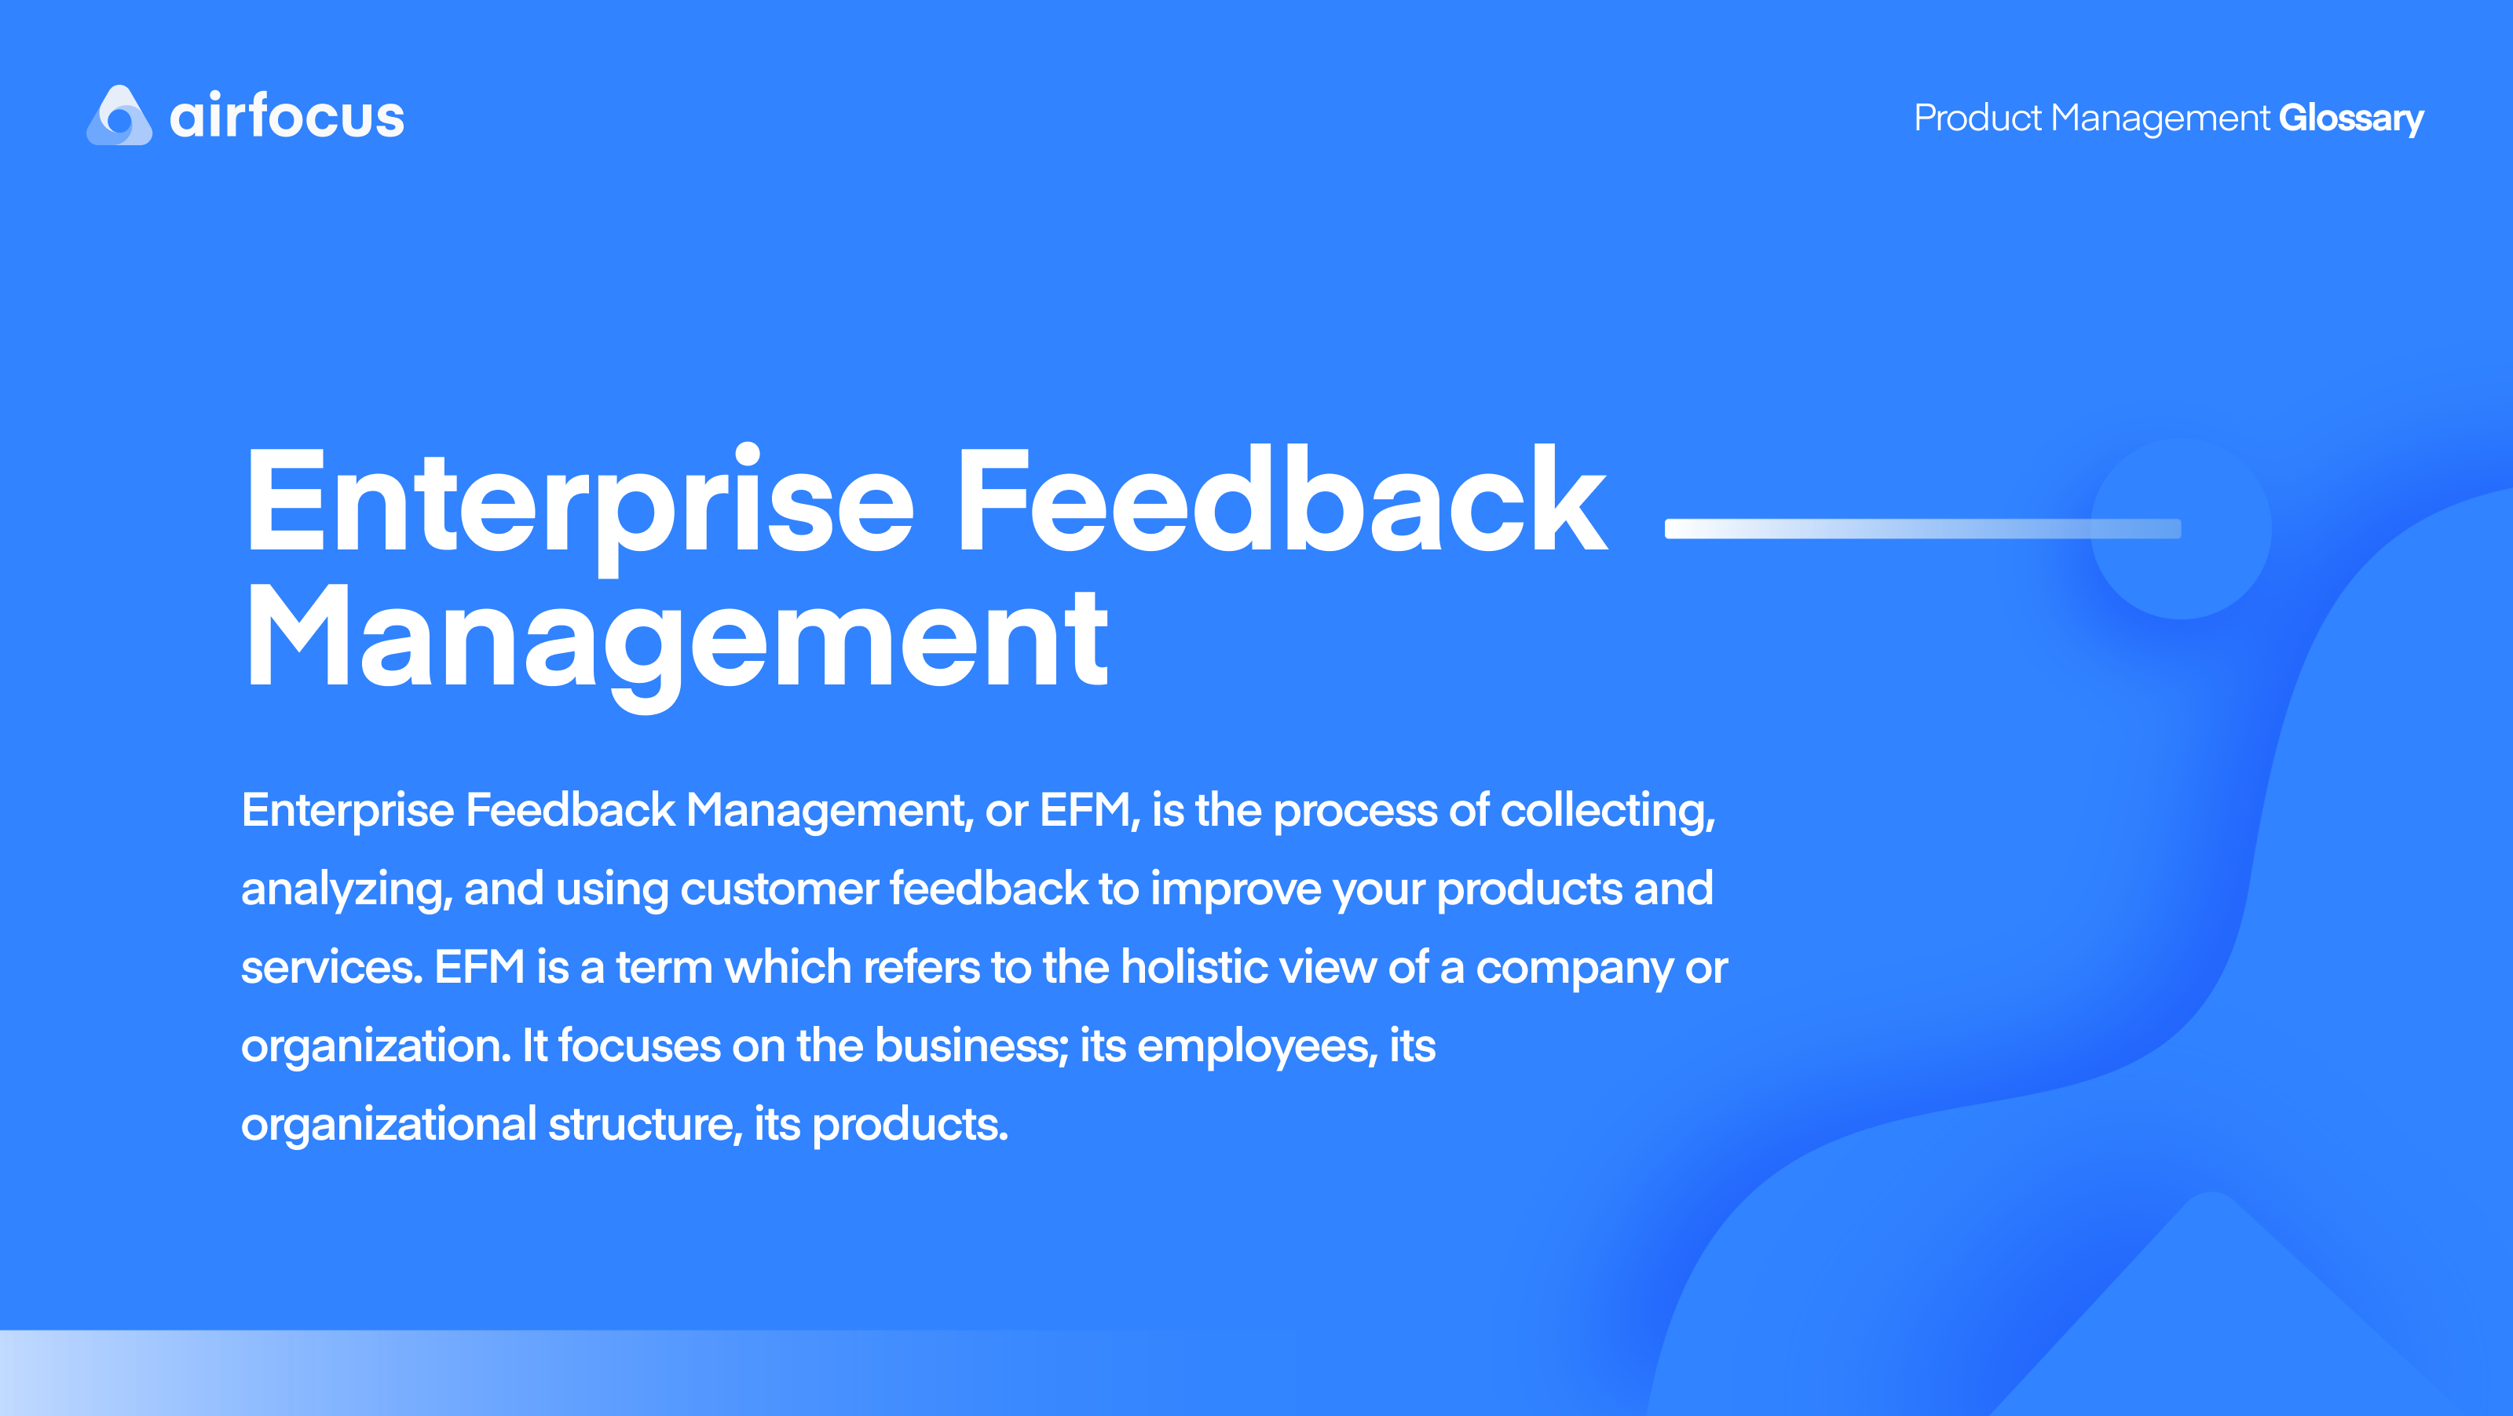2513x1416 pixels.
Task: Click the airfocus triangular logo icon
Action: click(119, 116)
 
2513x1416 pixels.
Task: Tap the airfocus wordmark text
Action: click(287, 117)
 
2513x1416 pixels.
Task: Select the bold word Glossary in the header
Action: click(2350, 118)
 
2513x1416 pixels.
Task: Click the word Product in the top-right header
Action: click(1977, 118)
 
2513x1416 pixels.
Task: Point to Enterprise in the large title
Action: click(580, 502)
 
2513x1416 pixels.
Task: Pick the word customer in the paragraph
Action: click(778, 889)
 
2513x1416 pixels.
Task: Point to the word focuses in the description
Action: click(639, 1046)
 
